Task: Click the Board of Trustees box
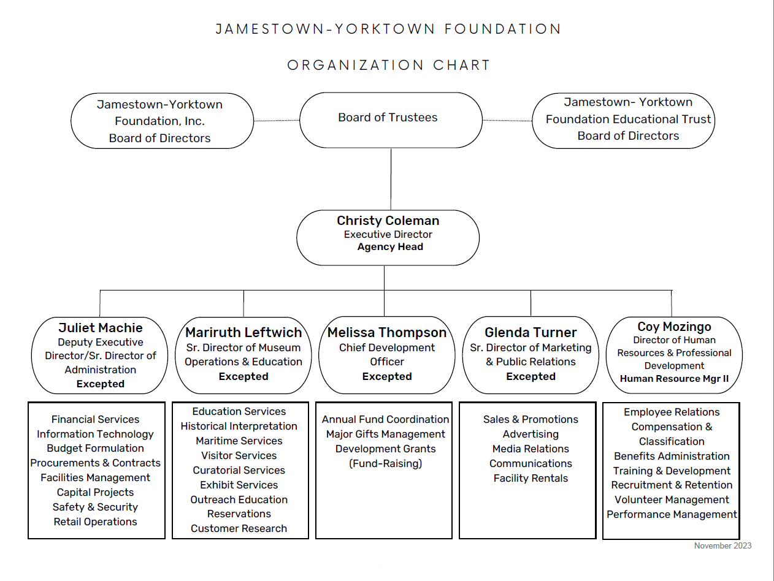click(x=391, y=120)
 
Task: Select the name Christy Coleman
click(x=388, y=221)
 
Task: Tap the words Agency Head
click(x=390, y=246)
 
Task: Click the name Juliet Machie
click(x=101, y=328)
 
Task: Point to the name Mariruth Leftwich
click(x=243, y=332)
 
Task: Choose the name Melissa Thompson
click(x=387, y=332)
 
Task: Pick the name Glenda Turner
click(x=531, y=332)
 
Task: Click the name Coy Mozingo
click(x=674, y=327)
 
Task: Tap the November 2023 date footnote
click(x=723, y=546)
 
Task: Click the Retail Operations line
click(x=95, y=522)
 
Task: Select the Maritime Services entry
click(x=239, y=441)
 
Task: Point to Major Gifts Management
click(x=385, y=434)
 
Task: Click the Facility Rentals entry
click(x=531, y=478)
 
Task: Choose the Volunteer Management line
click(x=672, y=499)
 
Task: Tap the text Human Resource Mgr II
click(x=674, y=379)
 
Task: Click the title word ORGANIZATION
click(x=356, y=65)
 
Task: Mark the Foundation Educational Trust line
click(x=628, y=119)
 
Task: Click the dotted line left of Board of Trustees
click(x=277, y=121)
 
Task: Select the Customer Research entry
click(x=239, y=528)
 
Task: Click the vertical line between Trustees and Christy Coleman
click(x=391, y=180)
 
